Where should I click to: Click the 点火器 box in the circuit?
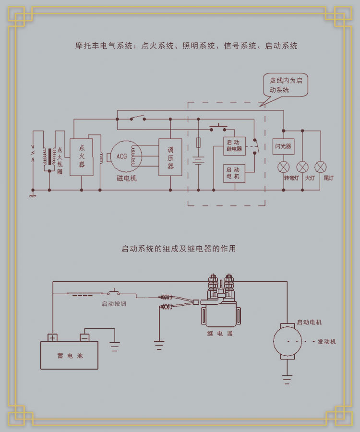click(x=82, y=157)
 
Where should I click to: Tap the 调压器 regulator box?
click(x=170, y=157)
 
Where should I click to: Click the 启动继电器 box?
click(x=234, y=146)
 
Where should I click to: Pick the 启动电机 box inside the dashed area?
click(x=234, y=173)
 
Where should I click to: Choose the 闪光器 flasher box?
click(x=283, y=146)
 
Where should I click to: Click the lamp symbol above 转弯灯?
click(x=284, y=167)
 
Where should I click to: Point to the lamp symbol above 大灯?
click(x=302, y=167)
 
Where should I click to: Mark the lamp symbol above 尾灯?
click(x=321, y=167)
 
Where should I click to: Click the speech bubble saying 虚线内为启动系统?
click(x=286, y=85)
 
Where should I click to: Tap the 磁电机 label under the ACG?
click(x=127, y=178)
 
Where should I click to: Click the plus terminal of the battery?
click(x=52, y=337)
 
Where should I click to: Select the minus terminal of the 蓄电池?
click(x=84, y=337)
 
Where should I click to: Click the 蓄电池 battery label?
click(x=70, y=356)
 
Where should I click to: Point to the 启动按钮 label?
click(x=114, y=304)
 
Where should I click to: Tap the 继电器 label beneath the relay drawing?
click(x=220, y=333)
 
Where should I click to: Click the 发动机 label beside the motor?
click(x=327, y=342)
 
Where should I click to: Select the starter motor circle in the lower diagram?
click(x=288, y=342)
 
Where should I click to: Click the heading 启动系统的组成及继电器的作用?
click(x=179, y=249)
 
